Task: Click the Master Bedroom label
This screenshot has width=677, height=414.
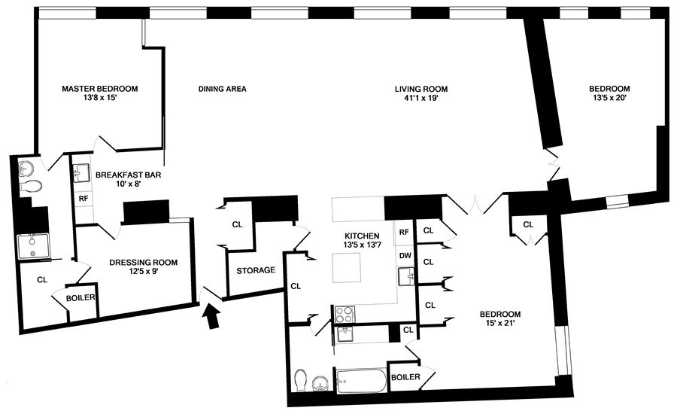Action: point(99,89)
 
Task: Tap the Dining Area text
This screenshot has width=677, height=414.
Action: point(222,89)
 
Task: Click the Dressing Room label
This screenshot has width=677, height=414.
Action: point(143,262)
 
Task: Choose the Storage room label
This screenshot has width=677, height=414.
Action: point(256,270)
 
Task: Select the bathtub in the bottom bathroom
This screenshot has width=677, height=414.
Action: point(361,380)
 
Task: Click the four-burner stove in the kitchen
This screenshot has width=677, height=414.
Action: point(344,312)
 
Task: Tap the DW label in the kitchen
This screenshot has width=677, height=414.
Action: point(404,255)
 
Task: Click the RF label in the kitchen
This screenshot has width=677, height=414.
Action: point(404,232)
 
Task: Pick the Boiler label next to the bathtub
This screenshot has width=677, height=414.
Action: point(405,376)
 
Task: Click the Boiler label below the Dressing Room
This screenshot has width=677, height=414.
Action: point(80,297)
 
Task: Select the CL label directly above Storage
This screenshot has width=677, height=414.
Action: point(237,224)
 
